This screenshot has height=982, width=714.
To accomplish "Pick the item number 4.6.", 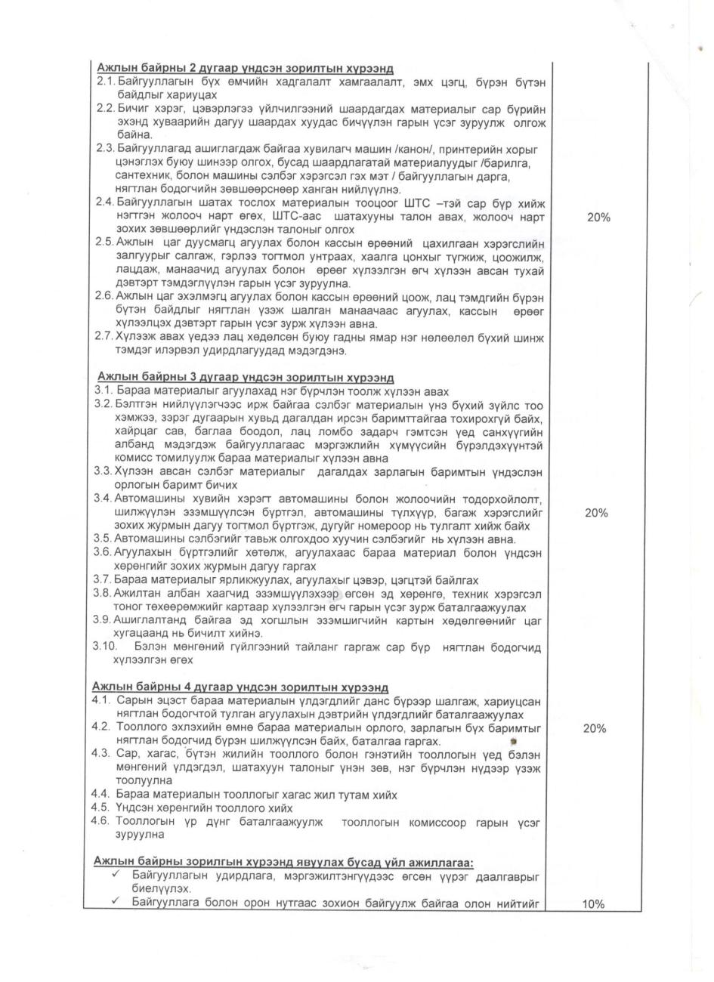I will pyautogui.click(x=102, y=821).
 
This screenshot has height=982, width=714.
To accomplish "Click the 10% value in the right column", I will pyautogui.click(x=597, y=903).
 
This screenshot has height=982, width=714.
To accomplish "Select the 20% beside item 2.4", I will pyautogui.click(x=598, y=218).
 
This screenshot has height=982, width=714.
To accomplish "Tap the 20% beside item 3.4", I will pyautogui.click(x=597, y=513).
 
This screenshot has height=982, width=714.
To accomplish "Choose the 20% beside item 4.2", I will pyautogui.click(x=597, y=728).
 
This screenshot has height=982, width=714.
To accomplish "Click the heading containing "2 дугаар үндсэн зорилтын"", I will pyautogui.click(x=245, y=69).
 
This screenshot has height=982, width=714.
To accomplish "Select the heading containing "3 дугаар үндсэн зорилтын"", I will pyautogui.click(x=246, y=378).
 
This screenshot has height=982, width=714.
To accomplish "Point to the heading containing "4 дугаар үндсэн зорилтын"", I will pyautogui.click(x=240, y=687).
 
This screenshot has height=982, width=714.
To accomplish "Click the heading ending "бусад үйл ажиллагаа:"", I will pyautogui.click(x=283, y=862).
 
